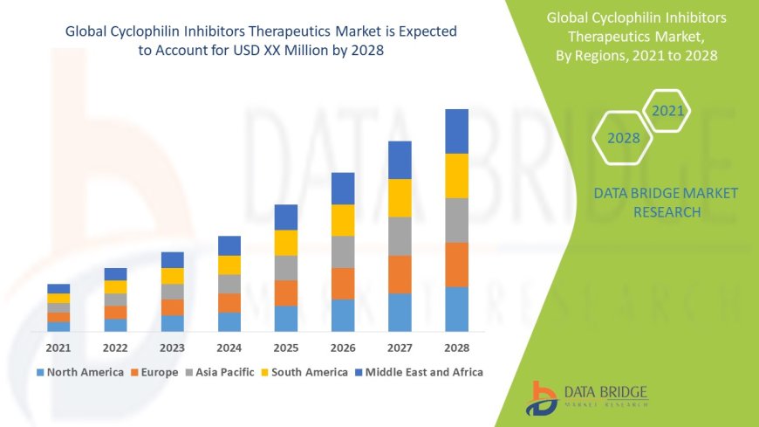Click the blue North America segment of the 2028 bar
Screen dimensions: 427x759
pyautogui.click(x=456, y=309)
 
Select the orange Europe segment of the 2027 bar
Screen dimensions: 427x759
pyautogui.click(x=400, y=274)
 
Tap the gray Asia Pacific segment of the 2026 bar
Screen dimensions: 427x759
pyautogui.click(x=343, y=251)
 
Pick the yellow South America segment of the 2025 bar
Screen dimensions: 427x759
pyautogui.click(x=286, y=243)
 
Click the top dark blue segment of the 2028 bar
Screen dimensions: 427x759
pyautogui.click(x=456, y=131)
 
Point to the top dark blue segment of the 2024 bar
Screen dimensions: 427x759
pyautogui.click(x=229, y=245)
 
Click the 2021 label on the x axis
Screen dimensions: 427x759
pyautogui.click(x=58, y=348)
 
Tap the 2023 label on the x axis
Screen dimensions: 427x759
pyautogui.click(x=172, y=348)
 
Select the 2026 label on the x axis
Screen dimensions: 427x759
pyautogui.click(x=343, y=348)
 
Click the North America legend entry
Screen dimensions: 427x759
pyautogui.click(x=80, y=372)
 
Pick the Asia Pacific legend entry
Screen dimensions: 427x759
pyautogui.click(x=219, y=372)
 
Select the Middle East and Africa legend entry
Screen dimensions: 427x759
pyautogui.click(x=418, y=372)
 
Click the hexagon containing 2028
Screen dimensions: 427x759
pyautogui.click(x=624, y=138)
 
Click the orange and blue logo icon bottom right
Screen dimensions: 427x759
pyautogui.click(x=541, y=397)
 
